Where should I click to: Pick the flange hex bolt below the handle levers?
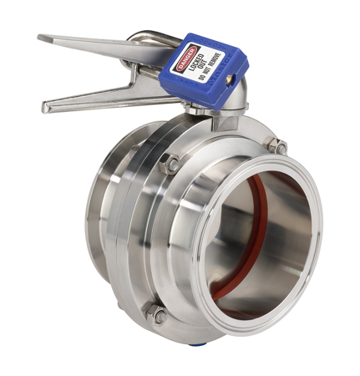(170, 165)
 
